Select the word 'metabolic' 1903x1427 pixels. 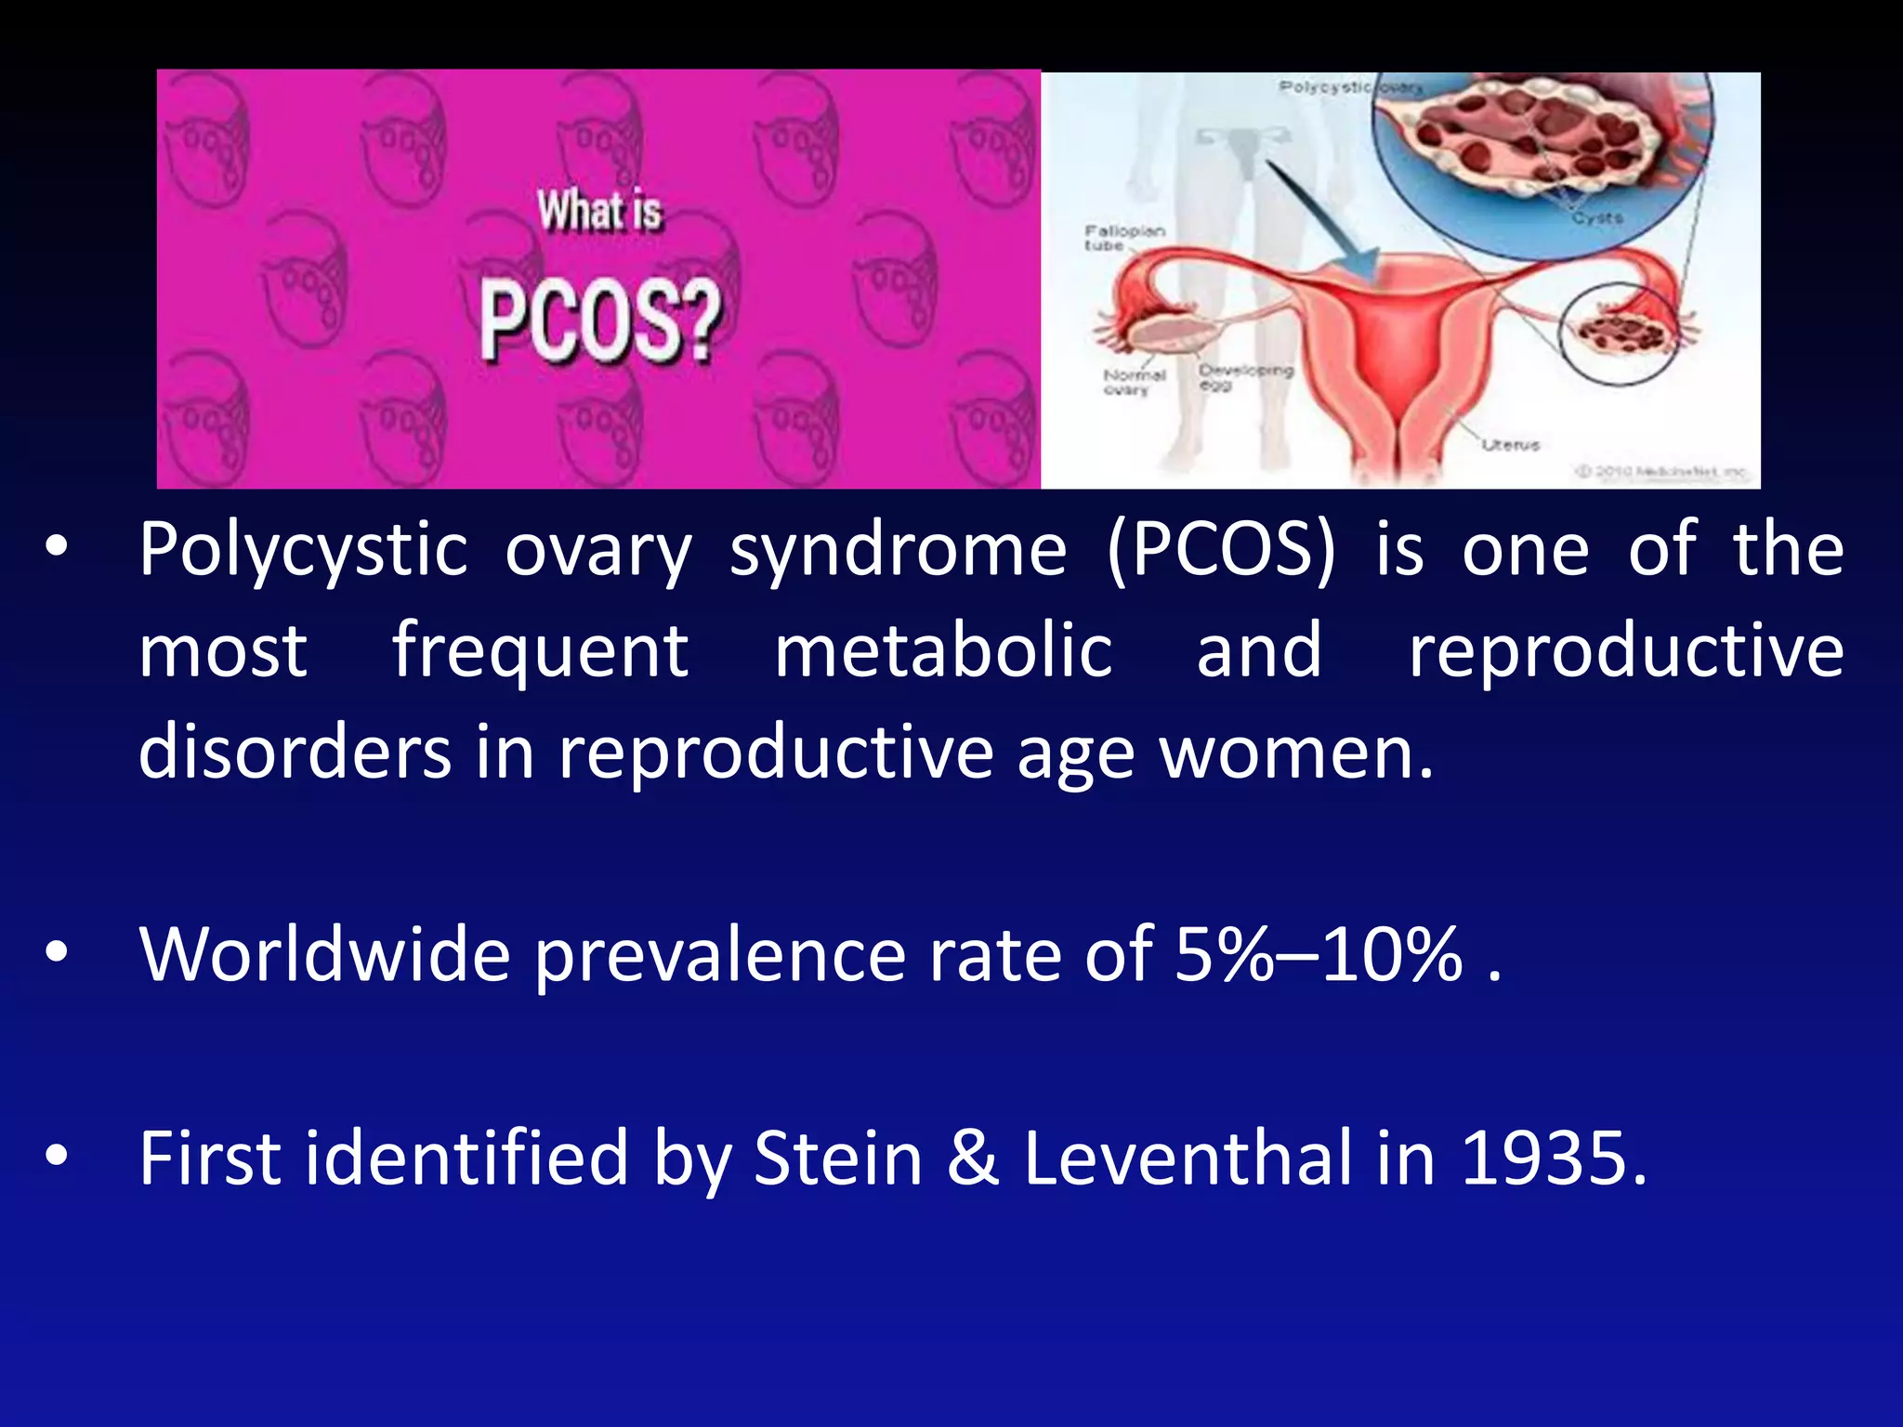(943, 651)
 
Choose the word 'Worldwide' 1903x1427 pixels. (324, 954)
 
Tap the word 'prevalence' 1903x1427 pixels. (719, 954)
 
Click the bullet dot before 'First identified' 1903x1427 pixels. (58, 1156)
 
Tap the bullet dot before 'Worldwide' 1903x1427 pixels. (58, 952)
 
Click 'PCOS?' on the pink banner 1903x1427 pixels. (600, 321)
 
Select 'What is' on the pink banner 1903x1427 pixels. (599, 211)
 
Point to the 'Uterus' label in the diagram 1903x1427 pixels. (1510, 445)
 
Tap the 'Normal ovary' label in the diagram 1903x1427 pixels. (1134, 382)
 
